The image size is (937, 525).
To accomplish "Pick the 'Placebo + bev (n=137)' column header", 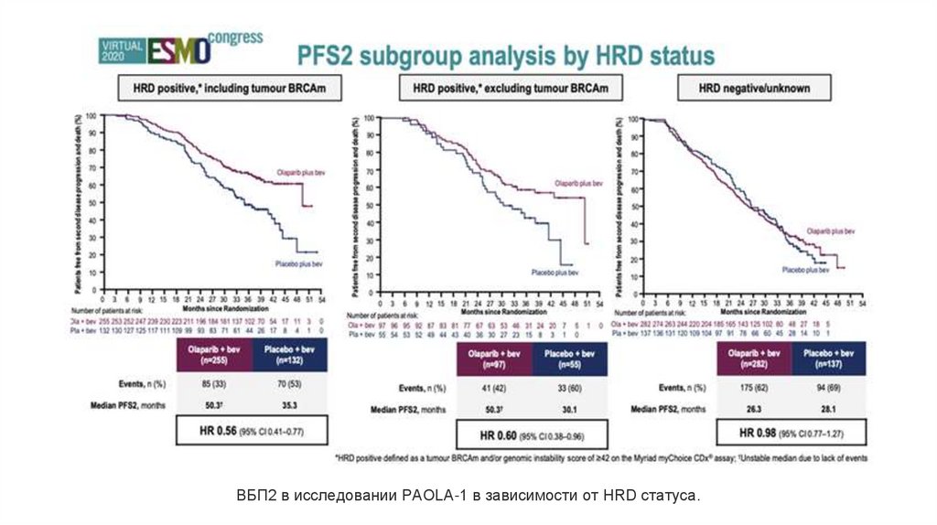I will [824, 358].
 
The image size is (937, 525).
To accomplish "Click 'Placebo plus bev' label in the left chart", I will [297, 264].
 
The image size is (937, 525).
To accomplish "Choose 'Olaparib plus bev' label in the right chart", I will [832, 230].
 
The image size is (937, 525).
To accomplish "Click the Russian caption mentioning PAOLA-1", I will [468, 496].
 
